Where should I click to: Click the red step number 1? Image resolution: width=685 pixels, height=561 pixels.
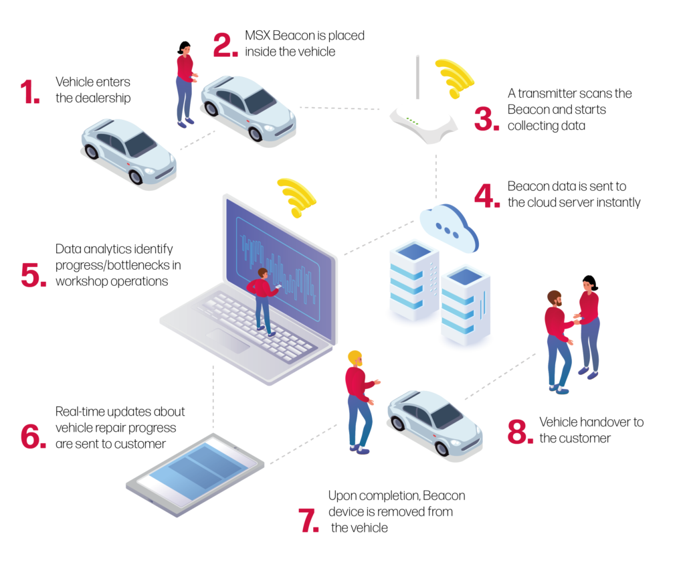30,92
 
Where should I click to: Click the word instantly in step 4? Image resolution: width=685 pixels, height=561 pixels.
617,202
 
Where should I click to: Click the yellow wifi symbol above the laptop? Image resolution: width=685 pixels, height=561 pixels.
297,197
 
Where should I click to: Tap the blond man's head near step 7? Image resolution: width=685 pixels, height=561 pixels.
355,357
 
